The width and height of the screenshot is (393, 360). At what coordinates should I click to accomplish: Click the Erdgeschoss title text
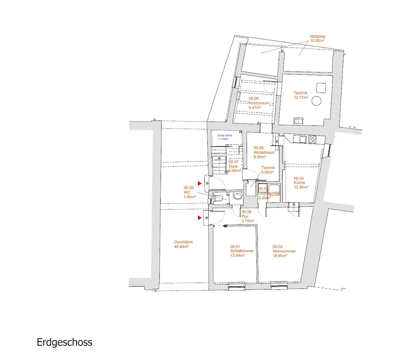[x=64, y=342]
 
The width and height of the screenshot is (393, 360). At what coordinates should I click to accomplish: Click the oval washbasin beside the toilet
[x=237, y=196]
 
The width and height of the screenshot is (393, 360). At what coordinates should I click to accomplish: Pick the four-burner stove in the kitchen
[x=313, y=139]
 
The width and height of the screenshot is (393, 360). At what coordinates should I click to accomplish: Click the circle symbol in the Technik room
[x=316, y=101]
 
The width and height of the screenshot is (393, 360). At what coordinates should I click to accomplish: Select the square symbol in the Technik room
[x=322, y=87]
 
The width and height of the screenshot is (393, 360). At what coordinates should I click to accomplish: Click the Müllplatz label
[x=318, y=39]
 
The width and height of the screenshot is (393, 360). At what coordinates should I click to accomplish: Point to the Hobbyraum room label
[x=259, y=103]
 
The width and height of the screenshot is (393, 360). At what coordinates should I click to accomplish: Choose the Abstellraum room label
[x=263, y=152]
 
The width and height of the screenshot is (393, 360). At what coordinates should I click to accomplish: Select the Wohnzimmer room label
[x=284, y=251]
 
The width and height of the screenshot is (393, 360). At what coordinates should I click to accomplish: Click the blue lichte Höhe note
[x=225, y=137]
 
